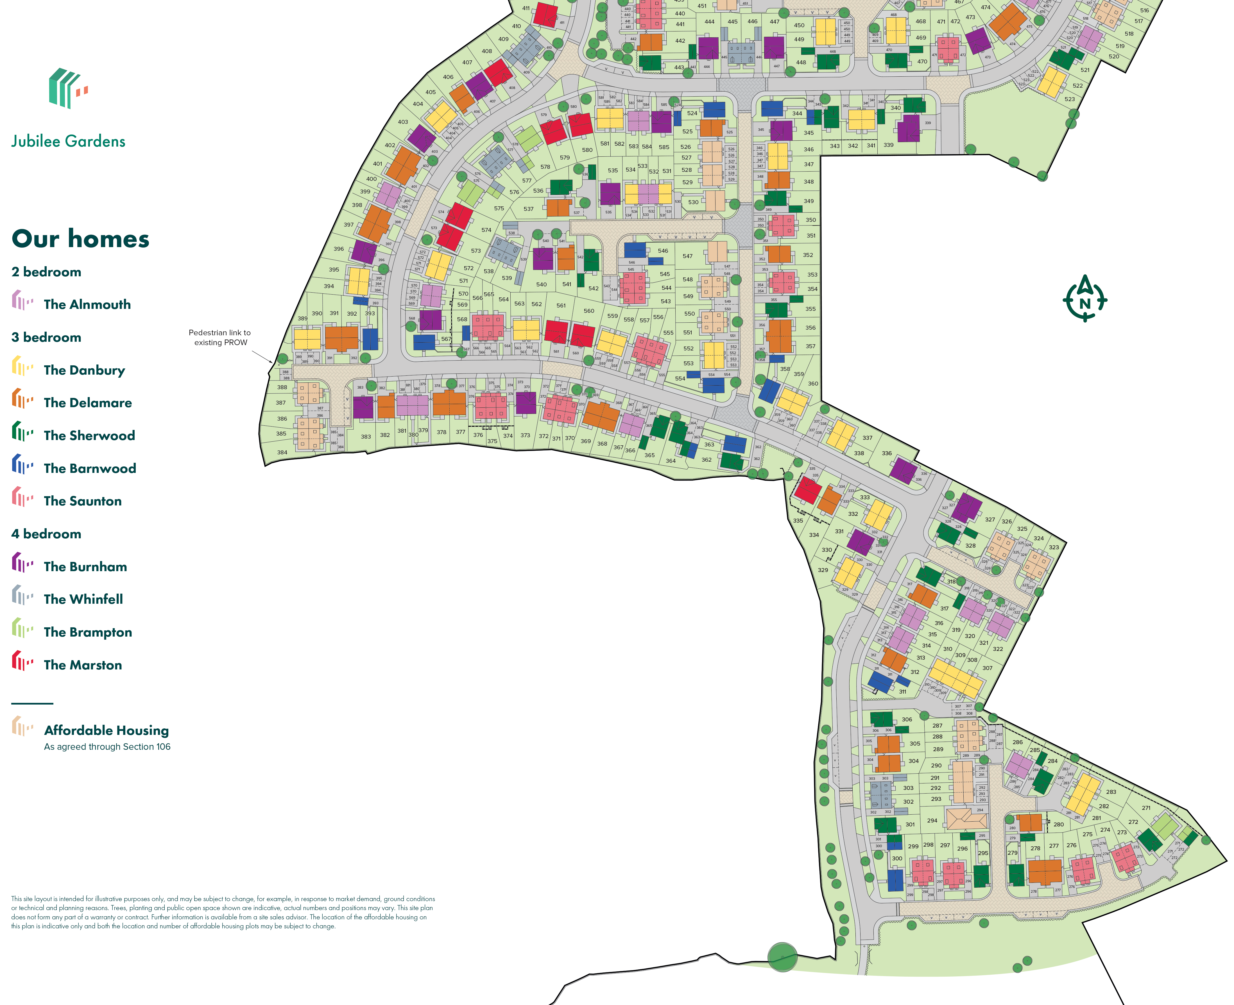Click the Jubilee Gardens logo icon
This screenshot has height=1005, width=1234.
(68, 88)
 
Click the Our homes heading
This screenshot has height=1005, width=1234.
(81, 238)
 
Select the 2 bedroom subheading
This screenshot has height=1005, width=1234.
(46, 272)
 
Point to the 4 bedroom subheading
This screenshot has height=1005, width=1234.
(46, 534)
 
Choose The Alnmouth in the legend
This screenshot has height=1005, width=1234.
(87, 304)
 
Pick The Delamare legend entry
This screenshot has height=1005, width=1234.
(87, 403)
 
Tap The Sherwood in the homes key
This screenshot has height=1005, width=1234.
(89, 435)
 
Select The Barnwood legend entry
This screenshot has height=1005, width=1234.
(90, 468)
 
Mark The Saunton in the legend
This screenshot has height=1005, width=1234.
(83, 501)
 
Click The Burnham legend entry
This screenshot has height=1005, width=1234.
(85, 567)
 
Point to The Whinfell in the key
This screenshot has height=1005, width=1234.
(83, 599)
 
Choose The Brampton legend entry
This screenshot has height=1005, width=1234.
(87, 632)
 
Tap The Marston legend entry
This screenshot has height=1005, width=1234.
(83, 665)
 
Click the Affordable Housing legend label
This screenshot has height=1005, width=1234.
(107, 731)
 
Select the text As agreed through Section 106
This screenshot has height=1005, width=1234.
(107, 747)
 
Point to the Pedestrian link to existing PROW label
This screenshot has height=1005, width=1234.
(219, 338)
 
